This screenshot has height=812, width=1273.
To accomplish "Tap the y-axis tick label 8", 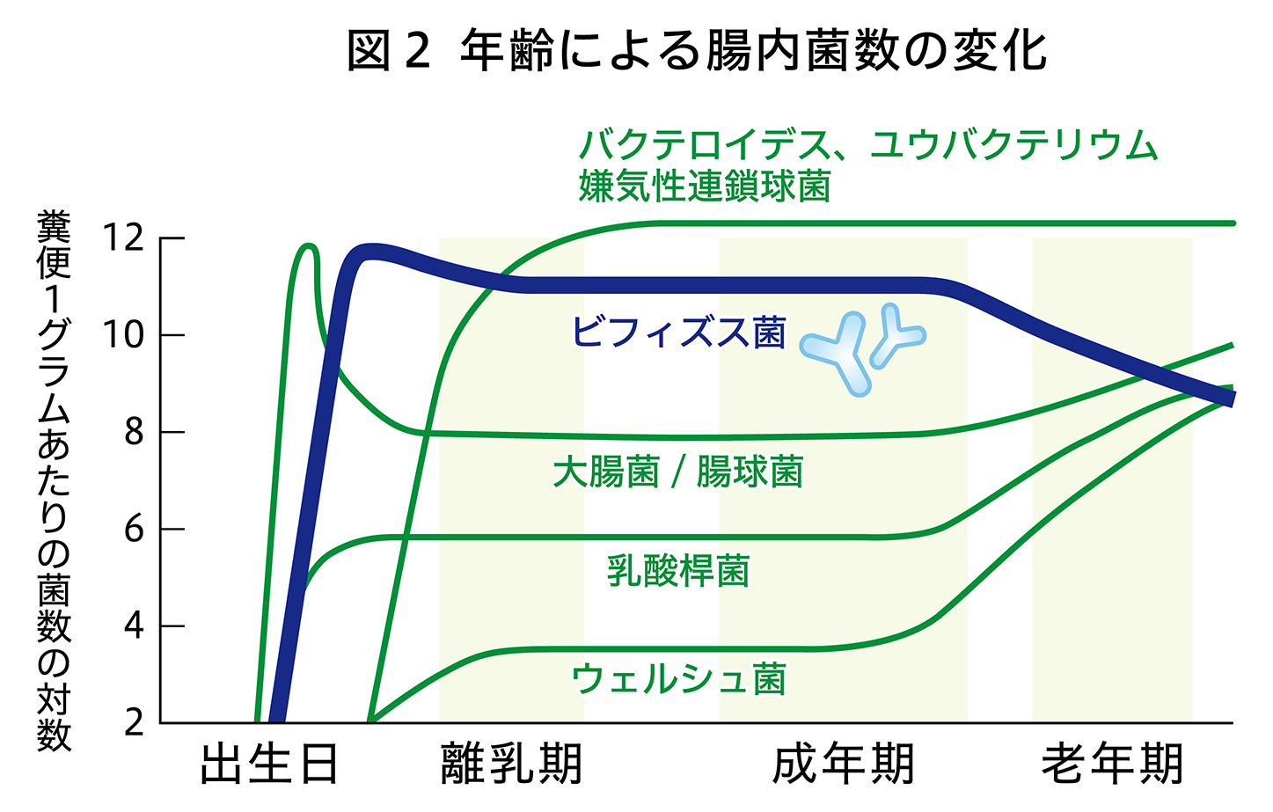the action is (x=134, y=432).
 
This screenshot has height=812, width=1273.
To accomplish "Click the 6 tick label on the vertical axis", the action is (x=134, y=529).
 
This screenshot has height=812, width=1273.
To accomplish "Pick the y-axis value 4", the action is (x=134, y=626).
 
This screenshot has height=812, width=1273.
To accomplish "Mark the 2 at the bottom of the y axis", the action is (x=134, y=723).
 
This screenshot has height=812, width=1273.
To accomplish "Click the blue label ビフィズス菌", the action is (x=678, y=333).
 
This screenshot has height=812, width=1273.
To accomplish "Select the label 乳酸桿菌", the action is (x=678, y=570).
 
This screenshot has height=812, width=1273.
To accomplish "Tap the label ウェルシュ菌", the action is (x=678, y=678).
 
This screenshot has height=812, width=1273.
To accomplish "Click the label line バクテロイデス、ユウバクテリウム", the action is (x=867, y=145).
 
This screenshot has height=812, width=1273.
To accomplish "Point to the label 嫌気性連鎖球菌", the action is (x=705, y=186).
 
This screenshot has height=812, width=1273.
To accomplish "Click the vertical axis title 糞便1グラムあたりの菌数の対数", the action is (x=54, y=480).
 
